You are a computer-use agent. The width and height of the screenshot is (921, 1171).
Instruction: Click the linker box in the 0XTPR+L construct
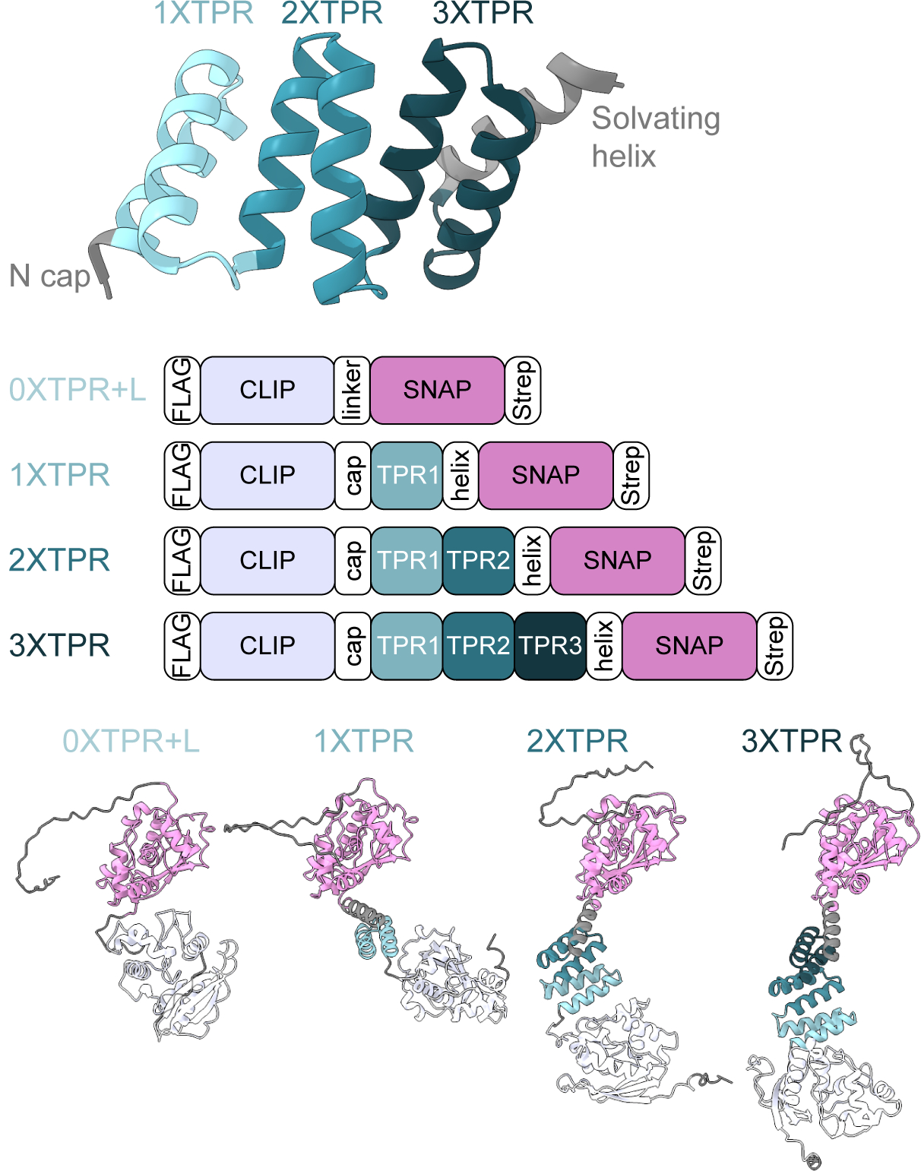point(352,390)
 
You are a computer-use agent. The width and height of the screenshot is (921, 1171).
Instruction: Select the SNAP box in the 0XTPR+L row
point(437,390)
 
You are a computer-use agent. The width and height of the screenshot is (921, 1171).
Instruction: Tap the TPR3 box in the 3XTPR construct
point(550,646)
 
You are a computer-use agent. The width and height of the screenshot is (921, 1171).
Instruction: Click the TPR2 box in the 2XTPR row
point(478,561)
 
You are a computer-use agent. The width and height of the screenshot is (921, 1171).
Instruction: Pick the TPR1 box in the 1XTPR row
point(407,476)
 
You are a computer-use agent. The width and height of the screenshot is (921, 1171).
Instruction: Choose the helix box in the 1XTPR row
point(460,476)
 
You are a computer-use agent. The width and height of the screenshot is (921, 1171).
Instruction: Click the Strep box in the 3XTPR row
point(774,646)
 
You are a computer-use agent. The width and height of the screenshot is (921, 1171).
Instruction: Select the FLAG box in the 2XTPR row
point(182,561)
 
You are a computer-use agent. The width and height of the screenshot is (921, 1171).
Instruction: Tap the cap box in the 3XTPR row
point(353,646)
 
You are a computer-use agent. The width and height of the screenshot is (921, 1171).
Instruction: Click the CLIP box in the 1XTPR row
point(267,476)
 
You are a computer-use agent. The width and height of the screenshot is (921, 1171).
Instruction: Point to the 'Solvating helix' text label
point(655,138)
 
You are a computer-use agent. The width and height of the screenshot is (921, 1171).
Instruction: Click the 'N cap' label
point(49,277)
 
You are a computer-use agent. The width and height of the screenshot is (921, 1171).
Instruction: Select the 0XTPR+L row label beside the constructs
point(77,390)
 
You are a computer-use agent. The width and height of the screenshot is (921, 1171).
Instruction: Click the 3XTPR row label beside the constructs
point(59,646)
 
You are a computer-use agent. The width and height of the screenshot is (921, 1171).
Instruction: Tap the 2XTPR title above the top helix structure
point(331,14)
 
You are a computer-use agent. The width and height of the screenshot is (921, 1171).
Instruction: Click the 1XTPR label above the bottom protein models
point(363,742)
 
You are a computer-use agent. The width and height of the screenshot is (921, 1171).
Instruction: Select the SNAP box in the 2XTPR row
point(617,561)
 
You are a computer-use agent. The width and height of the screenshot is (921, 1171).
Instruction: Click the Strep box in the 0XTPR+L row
point(523,390)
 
